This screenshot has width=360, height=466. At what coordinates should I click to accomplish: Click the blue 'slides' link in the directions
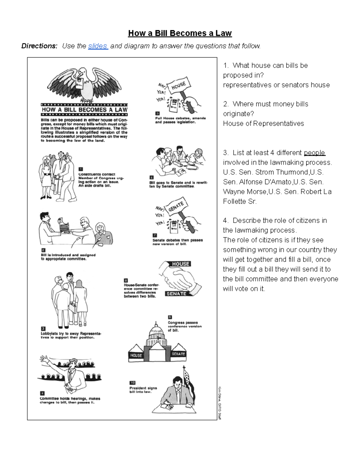(x=97, y=46)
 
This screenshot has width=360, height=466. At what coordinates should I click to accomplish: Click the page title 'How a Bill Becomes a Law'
(x=180, y=33)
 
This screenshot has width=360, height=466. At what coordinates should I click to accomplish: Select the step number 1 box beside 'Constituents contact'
(x=80, y=169)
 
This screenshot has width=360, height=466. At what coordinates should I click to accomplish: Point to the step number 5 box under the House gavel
(x=157, y=113)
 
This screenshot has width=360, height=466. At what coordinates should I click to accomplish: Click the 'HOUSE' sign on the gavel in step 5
(x=179, y=85)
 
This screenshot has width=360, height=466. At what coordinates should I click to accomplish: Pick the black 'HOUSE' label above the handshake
(x=181, y=264)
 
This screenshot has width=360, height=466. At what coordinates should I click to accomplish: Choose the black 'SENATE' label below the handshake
(x=176, y=294)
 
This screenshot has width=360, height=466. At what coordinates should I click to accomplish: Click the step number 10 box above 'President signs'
(x=132, y=383)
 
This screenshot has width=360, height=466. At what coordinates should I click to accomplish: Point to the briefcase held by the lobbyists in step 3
(x=73, y=308)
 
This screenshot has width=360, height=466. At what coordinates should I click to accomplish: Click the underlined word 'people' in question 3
(x=314, y=153)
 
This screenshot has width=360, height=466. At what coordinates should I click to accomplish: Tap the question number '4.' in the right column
(x=226, y=221)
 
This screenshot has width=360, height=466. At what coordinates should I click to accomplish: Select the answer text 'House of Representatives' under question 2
(x=263, y=124)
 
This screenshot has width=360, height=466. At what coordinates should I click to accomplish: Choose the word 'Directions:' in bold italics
(x=39, y=46)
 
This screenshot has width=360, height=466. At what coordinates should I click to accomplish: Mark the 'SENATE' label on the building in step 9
(x=178, y=354)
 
